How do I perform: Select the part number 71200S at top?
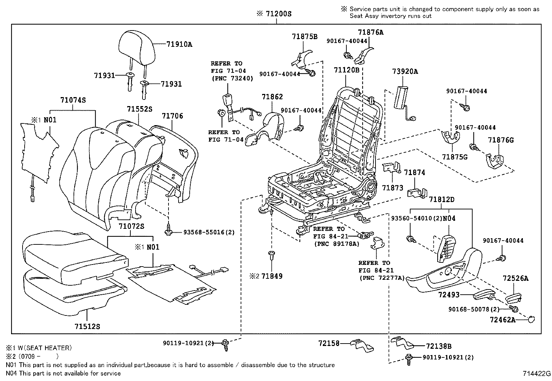278,14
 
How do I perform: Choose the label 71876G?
501,140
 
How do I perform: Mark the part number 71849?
272,276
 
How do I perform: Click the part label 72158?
329,343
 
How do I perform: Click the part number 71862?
272,97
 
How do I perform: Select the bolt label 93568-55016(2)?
209,232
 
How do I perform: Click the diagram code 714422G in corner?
537,374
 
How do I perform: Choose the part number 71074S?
73,100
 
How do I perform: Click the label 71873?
393,188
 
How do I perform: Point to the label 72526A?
516,278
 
